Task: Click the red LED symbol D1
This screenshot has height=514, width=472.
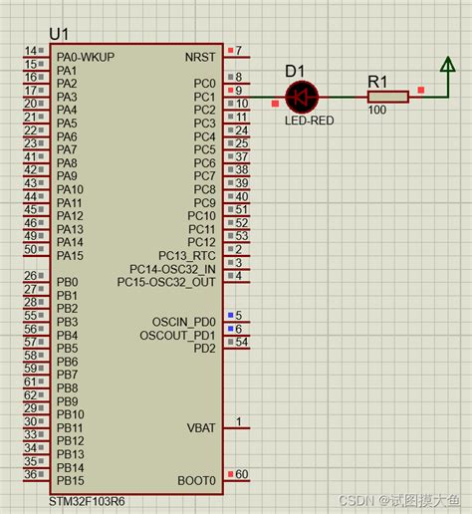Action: tap(300, 97)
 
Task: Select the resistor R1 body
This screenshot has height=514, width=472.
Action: tap(387, 97)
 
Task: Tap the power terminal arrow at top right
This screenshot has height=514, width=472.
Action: tap(447, 66)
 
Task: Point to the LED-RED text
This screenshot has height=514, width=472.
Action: tap(309, 121)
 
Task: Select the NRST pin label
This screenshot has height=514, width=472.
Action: tap(200, 57)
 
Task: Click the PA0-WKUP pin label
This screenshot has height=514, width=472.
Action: tap(85, 57)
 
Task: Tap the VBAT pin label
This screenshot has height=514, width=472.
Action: tap(201, 428)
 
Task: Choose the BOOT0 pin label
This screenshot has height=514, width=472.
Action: tap(197, 481)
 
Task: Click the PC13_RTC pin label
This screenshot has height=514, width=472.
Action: tap(186, 256)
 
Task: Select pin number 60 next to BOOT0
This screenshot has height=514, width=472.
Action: tap(242, 474)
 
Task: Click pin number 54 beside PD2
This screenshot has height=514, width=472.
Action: tap(242, 342)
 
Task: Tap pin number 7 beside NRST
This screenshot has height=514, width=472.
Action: tap(238, 51)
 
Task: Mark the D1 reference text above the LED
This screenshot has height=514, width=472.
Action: tap(296, 71)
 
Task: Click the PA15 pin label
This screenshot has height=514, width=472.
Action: tap(69, 256)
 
